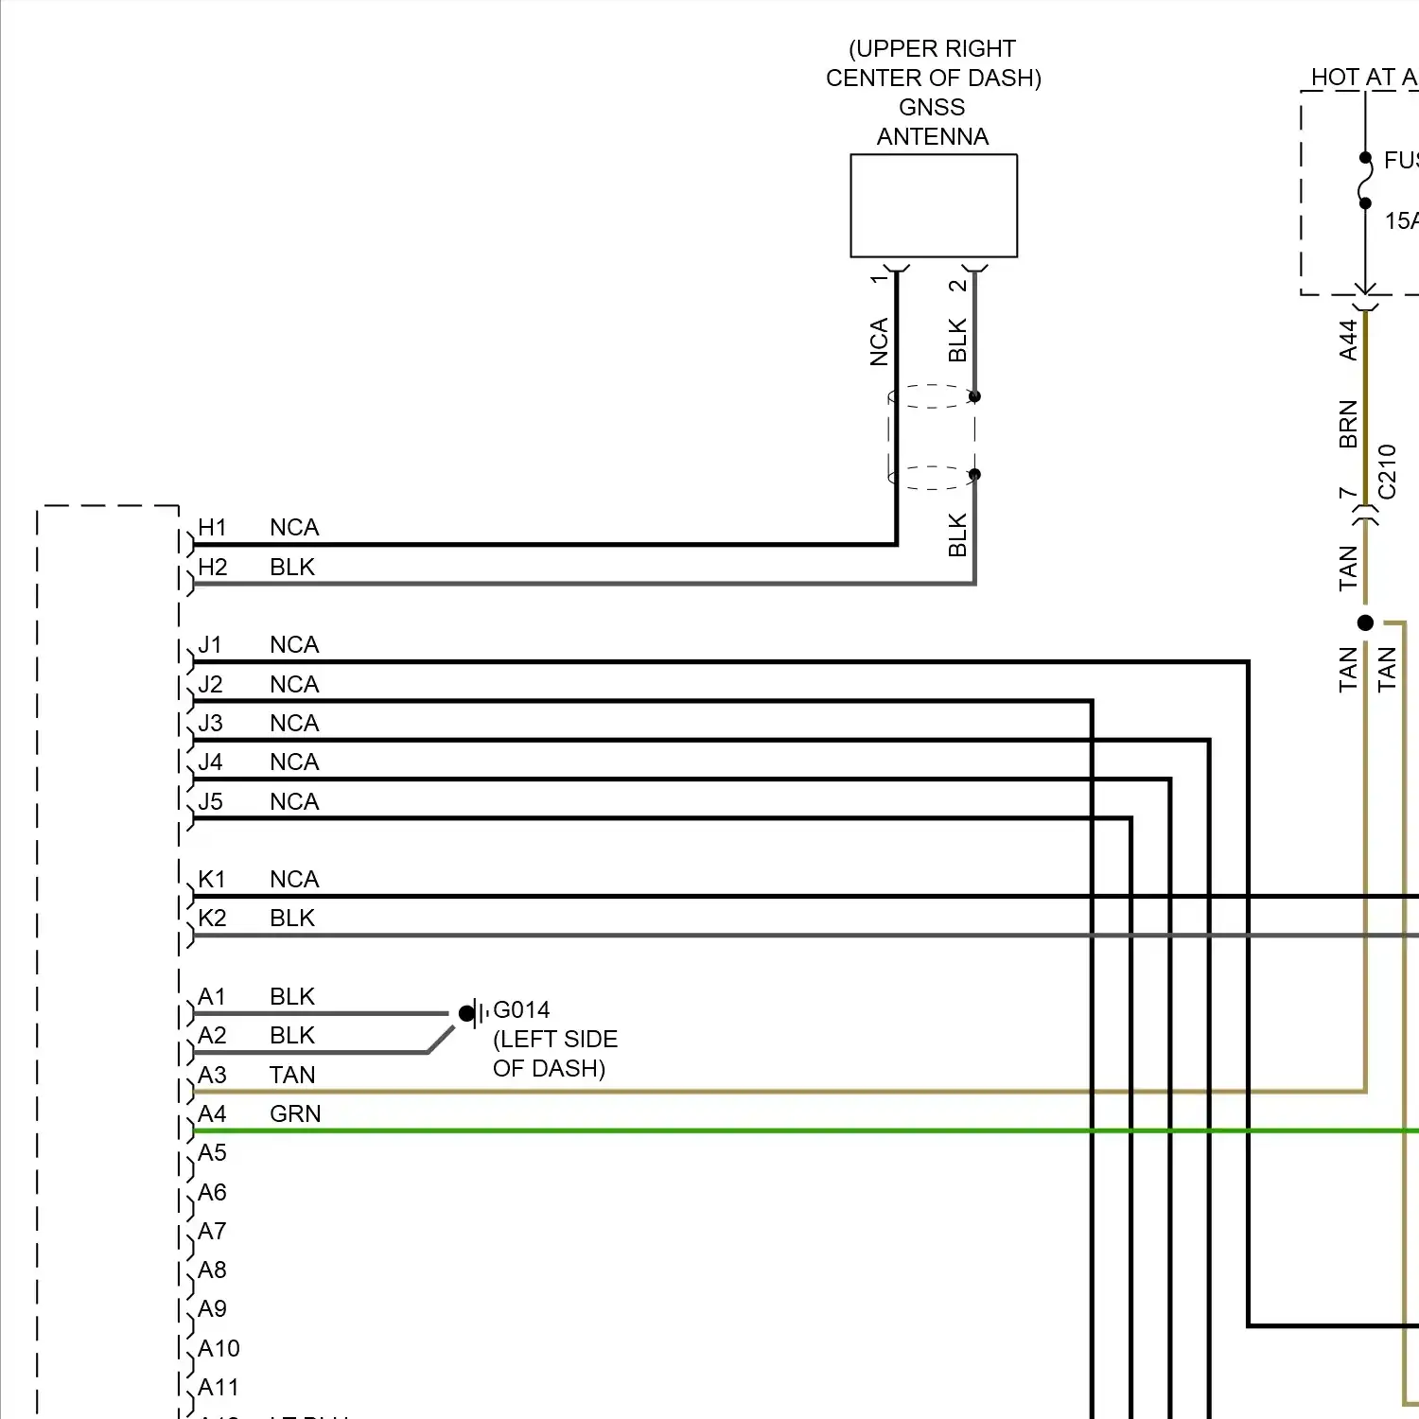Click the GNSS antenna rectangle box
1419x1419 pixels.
[x=934, y=205]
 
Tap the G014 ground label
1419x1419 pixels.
[x=521, y=1009]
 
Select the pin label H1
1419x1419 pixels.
[x=212, y=527]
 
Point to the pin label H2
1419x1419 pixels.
[x=212, y=567]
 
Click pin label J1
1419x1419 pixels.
[x=210, y=644]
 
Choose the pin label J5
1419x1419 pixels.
[x=210, y=801]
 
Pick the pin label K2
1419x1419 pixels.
[x=212, y=918]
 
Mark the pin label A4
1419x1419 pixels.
[x=212, y=1113]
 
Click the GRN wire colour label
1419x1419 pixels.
[x=295, y=1113]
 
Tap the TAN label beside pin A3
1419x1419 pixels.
[x=292, y=1075]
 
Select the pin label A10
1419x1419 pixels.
[x=219, y=1348]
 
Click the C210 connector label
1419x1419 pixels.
[x=1387, y=471]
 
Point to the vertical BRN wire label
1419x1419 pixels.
[x=1348, y=424]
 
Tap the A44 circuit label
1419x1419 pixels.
[x=1348, y=340]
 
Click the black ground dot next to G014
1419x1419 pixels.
[x=466, y=1013]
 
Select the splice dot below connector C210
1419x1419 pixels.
[x=1365, y=622]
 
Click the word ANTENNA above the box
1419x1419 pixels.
[x=933, y=136]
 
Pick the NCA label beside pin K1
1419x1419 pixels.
[x=294, y=879]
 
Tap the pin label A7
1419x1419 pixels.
[x=212, y=1231]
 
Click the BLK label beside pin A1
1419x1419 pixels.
[x=292, y=996]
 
